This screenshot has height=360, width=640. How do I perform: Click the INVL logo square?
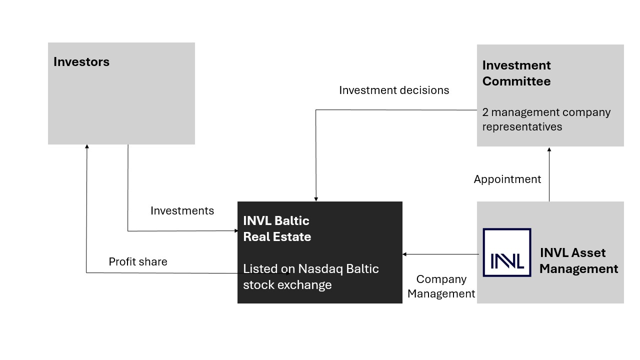click(x=507, y=252)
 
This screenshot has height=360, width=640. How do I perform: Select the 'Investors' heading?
click(x=81, y=62)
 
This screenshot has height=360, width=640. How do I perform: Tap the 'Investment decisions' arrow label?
click(x=394, y=90)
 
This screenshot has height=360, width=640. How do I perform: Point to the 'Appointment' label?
click(x=507, y=179)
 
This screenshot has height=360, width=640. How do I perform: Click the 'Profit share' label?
click(x=138, y=261)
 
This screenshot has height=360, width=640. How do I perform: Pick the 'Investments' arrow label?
click(x=182, y=211)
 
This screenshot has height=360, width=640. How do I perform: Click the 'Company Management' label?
click(x=441, y=286)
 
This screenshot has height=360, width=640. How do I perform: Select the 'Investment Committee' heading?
click(x=516, y=73)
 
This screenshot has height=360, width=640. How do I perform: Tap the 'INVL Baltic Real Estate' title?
click(x=277, y=228)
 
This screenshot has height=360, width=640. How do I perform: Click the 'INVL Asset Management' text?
click(x=579, y=260)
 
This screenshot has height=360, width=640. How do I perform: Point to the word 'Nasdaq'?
click(x=320, y=269)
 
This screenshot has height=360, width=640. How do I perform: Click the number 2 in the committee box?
click(x=485, y=112)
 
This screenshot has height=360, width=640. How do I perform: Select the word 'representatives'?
click(x=522, y=127)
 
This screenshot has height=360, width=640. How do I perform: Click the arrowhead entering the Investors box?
click(x=87, y=146)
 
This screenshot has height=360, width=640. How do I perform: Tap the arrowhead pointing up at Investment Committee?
click(x=549, y=149)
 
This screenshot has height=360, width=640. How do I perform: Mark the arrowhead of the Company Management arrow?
click(x=404, y=254)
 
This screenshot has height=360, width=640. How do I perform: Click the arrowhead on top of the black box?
click(x=316, y=199)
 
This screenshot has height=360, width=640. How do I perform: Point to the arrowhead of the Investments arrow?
click(x=236, y=230)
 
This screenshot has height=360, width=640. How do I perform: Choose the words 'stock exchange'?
click(x=287, y=285)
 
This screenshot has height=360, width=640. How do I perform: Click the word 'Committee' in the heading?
click(x=516, y=81)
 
